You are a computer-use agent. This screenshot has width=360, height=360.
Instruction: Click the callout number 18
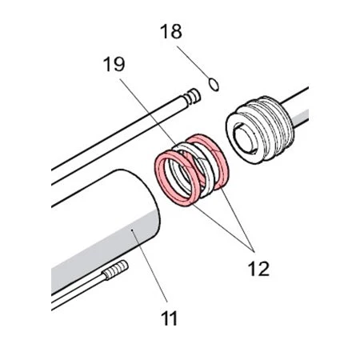[x=171, y=31]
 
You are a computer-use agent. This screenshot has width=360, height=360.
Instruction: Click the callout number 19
[x=114, y=64]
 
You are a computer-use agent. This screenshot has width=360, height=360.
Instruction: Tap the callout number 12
[x=258, y=269]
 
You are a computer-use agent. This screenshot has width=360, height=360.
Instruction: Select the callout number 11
[x=170, y=318]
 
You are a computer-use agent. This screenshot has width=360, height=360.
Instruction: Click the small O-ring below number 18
[x=214, y=85]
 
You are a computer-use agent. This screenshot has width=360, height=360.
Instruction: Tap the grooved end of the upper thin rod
[x=192, y=97]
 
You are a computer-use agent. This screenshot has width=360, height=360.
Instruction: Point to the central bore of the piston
[x=244, y=138]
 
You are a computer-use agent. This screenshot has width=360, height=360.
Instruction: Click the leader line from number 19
[x=148, y=110]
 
